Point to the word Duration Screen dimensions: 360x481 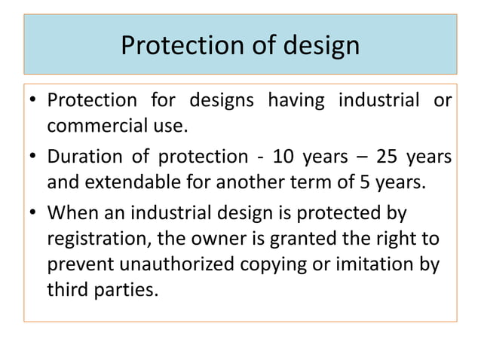point(84,157)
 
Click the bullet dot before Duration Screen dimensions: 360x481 point(33,159)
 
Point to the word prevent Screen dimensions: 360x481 point(81,266)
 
